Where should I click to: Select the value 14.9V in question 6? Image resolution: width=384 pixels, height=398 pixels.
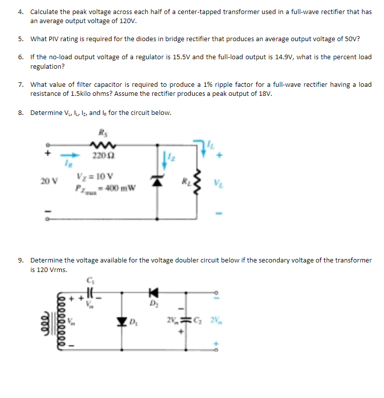click(285, 57)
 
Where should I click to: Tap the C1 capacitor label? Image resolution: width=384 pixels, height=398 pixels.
click(90, 281)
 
